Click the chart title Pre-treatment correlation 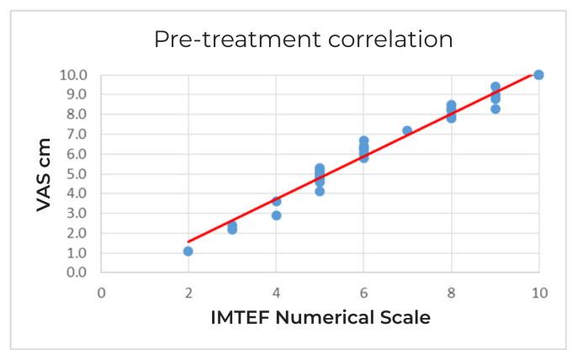pos(303,40)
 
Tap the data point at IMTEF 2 pos(188,251)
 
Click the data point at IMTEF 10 pos(538,75)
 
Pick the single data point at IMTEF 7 pos(407,130)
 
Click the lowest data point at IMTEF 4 pos(276,215)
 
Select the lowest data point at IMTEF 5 pos(320,191)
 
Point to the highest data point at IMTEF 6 pos(363,140)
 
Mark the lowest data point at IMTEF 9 pos(495,109)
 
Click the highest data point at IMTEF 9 pos(495,87)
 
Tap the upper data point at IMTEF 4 pos(276,201)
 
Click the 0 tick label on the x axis pos(101,293)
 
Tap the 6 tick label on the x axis pos(363,293)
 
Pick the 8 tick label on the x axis pos(451,293)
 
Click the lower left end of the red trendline pos(188,241)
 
